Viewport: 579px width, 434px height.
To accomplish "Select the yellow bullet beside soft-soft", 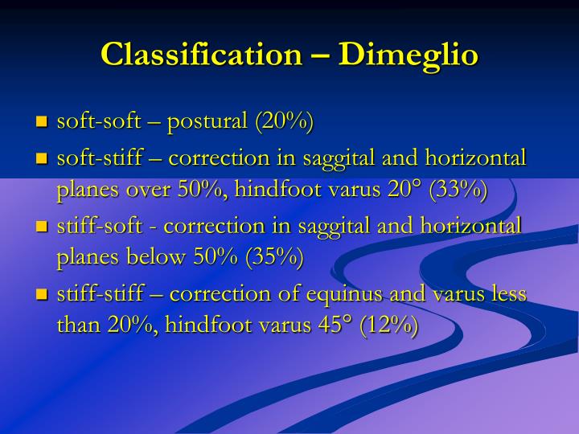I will pos(43,123).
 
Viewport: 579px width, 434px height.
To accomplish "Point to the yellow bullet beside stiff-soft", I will pos(43,227).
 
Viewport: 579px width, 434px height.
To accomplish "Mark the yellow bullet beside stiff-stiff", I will pos(43,295).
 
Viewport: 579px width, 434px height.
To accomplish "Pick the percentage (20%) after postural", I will pos(284,122).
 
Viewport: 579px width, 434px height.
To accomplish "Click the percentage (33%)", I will pos(458,191).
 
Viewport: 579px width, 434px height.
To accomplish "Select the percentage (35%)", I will pos(275,259).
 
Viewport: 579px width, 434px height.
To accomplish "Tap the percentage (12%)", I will pos(389,326).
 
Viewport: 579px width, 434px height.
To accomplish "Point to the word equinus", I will pos(341,295).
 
